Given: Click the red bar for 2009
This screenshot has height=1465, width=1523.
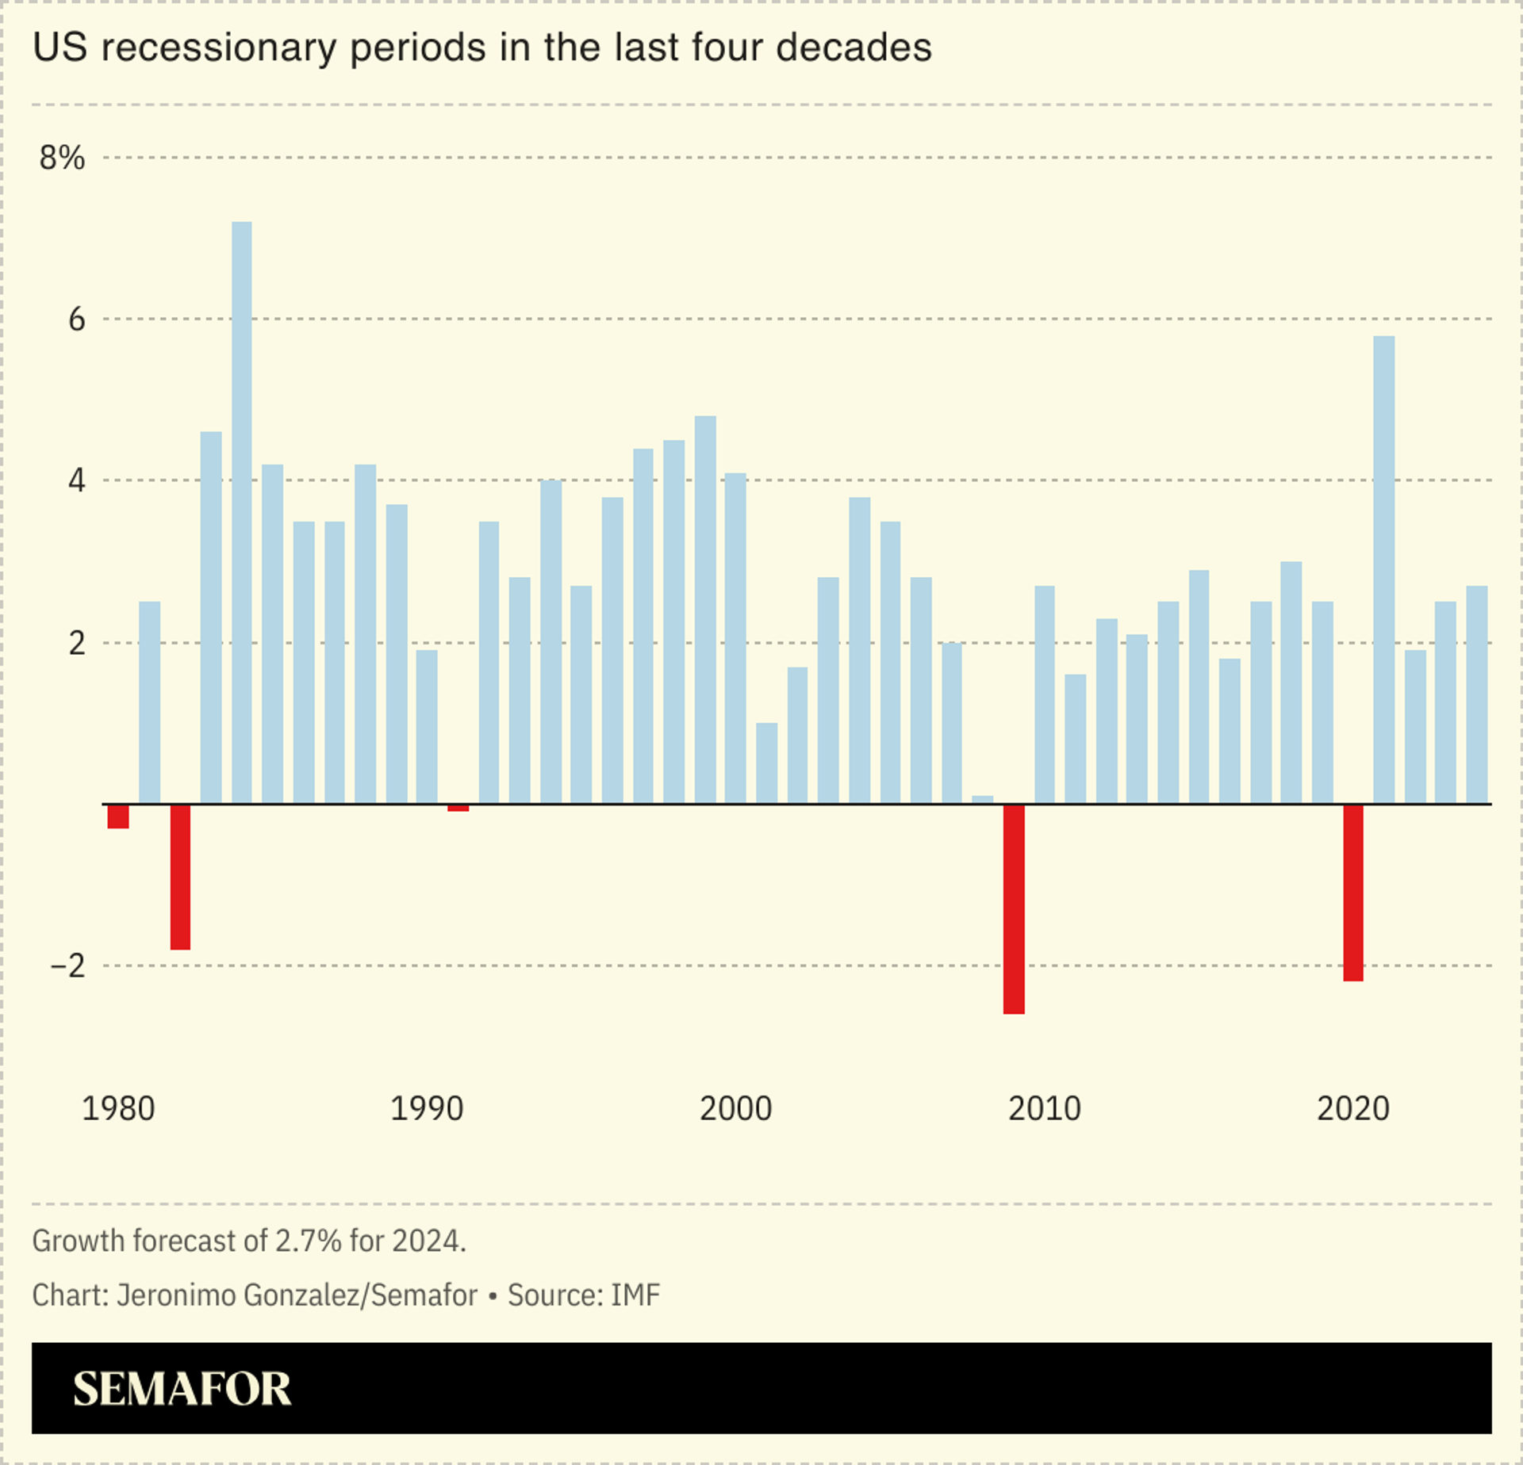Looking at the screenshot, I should click(x=1013, y=908).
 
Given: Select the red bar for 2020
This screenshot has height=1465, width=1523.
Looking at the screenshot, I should click(x=1352, y=893).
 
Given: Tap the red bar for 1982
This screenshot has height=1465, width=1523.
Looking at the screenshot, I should click(x=180, y=877).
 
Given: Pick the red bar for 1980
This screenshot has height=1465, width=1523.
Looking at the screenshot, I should click(x=118, y=816).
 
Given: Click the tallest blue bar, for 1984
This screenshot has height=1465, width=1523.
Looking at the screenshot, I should click(x=242, y=512).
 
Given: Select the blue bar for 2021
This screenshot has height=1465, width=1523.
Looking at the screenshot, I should click(x=1383, y=569).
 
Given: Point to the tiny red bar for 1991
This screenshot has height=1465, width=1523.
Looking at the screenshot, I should click(x=458, y=808).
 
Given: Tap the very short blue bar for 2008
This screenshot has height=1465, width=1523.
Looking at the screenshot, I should click(x=982, y=800).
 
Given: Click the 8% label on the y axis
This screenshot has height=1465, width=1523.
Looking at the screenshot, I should click(x=62, y=158).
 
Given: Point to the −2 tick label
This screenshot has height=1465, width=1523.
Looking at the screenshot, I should click(x=67, y=966).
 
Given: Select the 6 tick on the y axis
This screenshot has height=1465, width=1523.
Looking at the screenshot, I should click(x=76, y=319).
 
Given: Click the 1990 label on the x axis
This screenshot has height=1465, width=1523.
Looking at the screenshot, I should click(x=427, y=1108).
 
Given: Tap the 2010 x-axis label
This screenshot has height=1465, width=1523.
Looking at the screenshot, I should click(x=1044, y=1108).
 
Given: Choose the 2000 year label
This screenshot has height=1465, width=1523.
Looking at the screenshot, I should click(x=735, y=1108).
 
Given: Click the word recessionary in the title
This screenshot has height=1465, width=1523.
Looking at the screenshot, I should click(x=219, y=48).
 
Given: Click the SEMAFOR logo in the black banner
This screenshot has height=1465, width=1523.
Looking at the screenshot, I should click(x=182, y=1389).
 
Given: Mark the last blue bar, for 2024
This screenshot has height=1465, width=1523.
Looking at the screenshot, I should click(x=1476, y=694).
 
